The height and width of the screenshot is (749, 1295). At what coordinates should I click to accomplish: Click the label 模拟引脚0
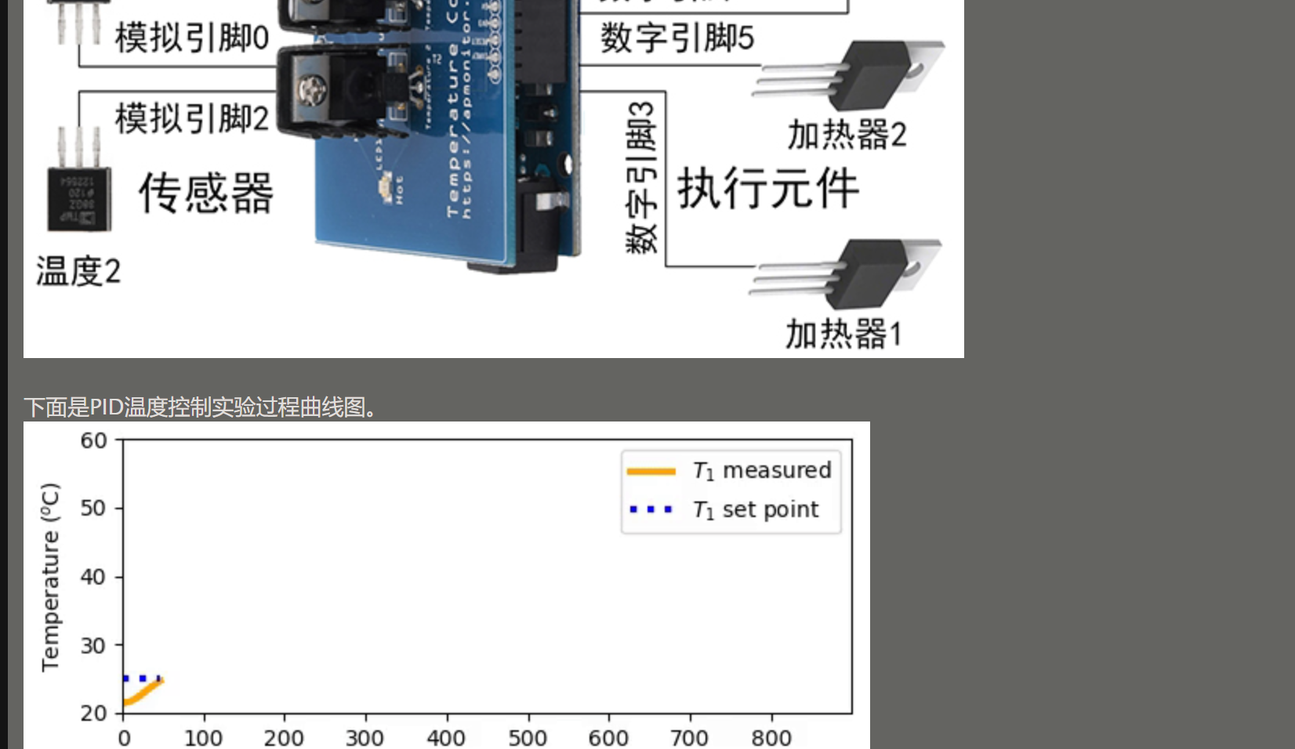click(191, 37)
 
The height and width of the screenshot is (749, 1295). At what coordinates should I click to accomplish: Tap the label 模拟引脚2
click(191, 118)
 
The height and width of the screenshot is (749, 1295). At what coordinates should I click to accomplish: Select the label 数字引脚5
click(677, 38)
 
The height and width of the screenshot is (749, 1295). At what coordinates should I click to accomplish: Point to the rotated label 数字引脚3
click(641, 178)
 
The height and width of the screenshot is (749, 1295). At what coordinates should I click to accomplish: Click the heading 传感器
click(206, 193)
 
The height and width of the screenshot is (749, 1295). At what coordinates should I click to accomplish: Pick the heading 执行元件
click(767, 188)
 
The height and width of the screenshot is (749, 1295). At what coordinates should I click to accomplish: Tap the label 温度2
click(78, 271)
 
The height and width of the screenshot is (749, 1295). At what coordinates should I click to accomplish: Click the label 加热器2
click(847, 135)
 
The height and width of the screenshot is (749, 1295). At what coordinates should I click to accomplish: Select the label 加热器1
click(843, 334)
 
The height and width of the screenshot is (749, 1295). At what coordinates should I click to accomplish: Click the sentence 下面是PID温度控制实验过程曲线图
click(200, 407)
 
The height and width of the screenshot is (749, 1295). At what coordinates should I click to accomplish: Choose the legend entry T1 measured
click(760, 470)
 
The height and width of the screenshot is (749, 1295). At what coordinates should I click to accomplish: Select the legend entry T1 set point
click(754, 510)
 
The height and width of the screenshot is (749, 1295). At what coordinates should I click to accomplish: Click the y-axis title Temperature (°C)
click(50, 577)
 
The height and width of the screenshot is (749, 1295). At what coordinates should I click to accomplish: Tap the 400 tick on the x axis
click(446, 737)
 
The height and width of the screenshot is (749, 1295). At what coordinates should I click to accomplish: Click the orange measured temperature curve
click(141, 694)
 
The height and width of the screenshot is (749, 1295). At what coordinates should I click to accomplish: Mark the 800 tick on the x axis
click(771, 737)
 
